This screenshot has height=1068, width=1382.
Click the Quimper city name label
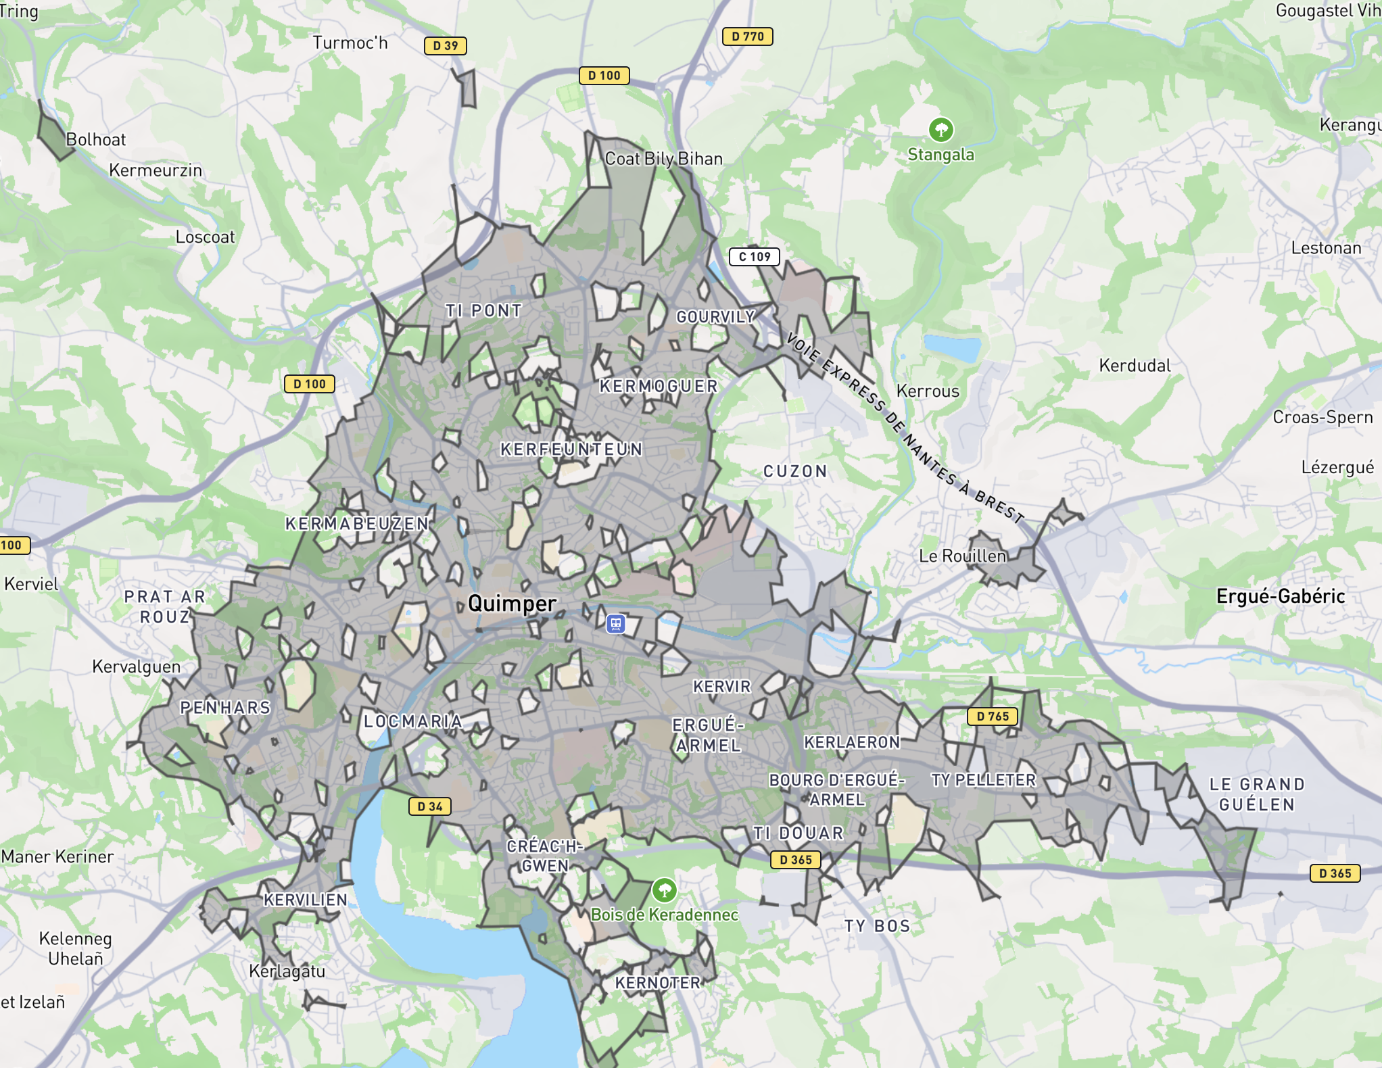[x=512, y=603]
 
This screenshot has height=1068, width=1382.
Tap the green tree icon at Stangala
[x=940, y=129]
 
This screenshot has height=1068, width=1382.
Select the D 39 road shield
[x=445, y=45]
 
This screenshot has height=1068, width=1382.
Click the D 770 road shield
[x=747, y=37]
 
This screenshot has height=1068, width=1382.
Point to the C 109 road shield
[x=754, y=257]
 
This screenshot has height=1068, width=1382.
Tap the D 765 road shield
[x=992, y=716]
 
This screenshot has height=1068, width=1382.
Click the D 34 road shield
[x=429, y=806]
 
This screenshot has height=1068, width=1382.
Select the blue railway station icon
[x=615, y=623]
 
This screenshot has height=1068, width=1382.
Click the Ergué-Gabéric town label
[x=1280, y=596]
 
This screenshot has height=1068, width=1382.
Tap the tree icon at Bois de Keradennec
[x=664, y=890]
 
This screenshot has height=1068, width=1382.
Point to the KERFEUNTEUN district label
[x=571, y=449]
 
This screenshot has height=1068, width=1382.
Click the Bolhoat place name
[x=95, y=140]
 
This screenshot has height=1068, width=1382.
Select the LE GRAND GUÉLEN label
[x=1256, y=794]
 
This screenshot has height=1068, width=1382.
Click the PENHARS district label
[x=225, y=708]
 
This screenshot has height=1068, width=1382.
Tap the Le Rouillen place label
[x=962, y=556]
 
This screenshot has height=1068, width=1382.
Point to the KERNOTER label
[x=657, y=983]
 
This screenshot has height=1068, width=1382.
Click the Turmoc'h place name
[x=350, y=43]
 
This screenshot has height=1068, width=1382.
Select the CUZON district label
[x=795, y=471]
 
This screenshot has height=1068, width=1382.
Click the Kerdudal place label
[x=1135, y=366]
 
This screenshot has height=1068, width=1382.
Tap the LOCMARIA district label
[x=412, y=721]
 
